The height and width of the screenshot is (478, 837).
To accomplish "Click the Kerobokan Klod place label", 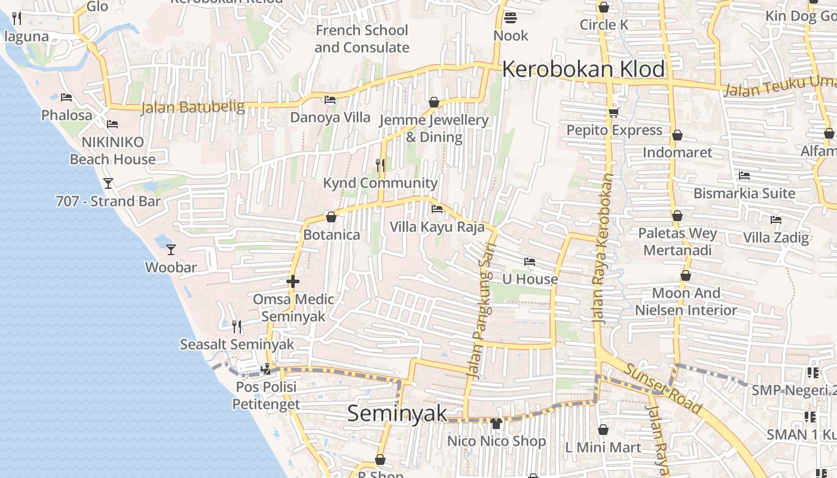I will coord(583,69).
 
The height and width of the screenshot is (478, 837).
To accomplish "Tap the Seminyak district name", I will coord(397,413).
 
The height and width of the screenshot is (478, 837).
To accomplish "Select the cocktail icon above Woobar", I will coord(171,249).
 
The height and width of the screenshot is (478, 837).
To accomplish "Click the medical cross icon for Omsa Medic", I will coord(293,281).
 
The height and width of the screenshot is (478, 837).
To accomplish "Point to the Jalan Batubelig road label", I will coord(193,108).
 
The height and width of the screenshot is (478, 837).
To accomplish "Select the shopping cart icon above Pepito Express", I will coord(613,112).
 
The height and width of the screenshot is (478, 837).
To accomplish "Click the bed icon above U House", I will coord(529,261).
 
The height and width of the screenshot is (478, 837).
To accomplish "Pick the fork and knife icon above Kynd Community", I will coord(380,164).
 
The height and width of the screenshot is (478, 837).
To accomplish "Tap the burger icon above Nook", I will coord(510,17).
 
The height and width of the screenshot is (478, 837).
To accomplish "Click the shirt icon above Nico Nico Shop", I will coord(496,424).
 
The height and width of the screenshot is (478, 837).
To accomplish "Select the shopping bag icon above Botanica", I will coord(331,216).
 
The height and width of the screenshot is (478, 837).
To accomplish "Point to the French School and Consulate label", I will coord(362,39).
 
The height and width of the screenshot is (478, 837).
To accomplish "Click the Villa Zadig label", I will coord(775,237).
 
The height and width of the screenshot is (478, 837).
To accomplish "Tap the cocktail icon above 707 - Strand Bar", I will coord(108,183).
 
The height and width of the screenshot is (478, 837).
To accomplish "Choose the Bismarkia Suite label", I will coord(744,194).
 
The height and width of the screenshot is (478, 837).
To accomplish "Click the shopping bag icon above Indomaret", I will coord(677,135).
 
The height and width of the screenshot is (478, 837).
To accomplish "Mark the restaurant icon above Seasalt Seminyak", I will coord(237,326).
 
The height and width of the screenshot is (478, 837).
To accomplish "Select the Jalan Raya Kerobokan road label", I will coord(603,248).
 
